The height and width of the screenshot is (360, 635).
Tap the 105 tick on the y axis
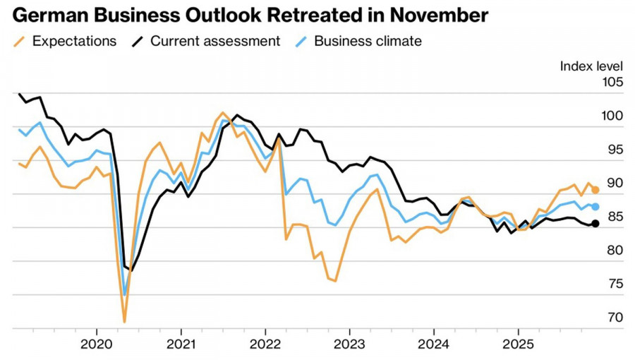pyautogui.click(x=612, y=83)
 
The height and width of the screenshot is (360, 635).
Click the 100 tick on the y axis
pyautogui.click(x=612, y=116)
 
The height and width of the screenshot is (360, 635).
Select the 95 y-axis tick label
pyautogui.click(x=615, y=150)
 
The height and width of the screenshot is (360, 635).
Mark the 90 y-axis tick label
pyautogui.click(x=615, y=183)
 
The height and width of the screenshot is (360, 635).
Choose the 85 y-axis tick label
pyautogui.click(x=615, y=217)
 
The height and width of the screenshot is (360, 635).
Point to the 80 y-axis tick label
pyautogui.click(x=615, y=250)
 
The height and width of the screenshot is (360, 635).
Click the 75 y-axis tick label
pyautogui.click(x=615, y=284)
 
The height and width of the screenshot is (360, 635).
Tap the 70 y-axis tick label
pyautogui.click(x=615, y=318)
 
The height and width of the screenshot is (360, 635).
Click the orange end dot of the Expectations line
pyautogui.click(x=595, y=190)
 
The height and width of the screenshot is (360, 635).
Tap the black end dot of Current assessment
pyautogui.click(x=595, y=224)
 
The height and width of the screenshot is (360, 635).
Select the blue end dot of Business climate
pyautogui.click(x=595, y=207)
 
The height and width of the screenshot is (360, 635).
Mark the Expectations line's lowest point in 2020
pyautogui.click(x=124, y=322)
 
